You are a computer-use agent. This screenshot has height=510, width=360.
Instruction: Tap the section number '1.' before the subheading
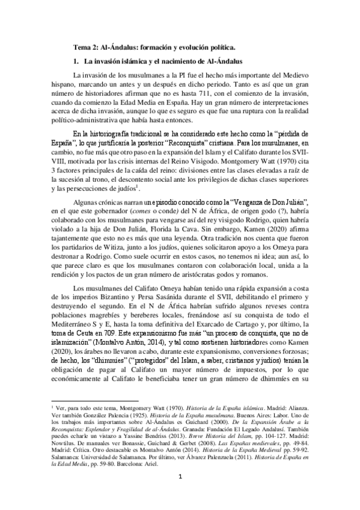(x=75, y=61)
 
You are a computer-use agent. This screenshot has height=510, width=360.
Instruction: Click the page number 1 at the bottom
(x=180, y=495)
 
